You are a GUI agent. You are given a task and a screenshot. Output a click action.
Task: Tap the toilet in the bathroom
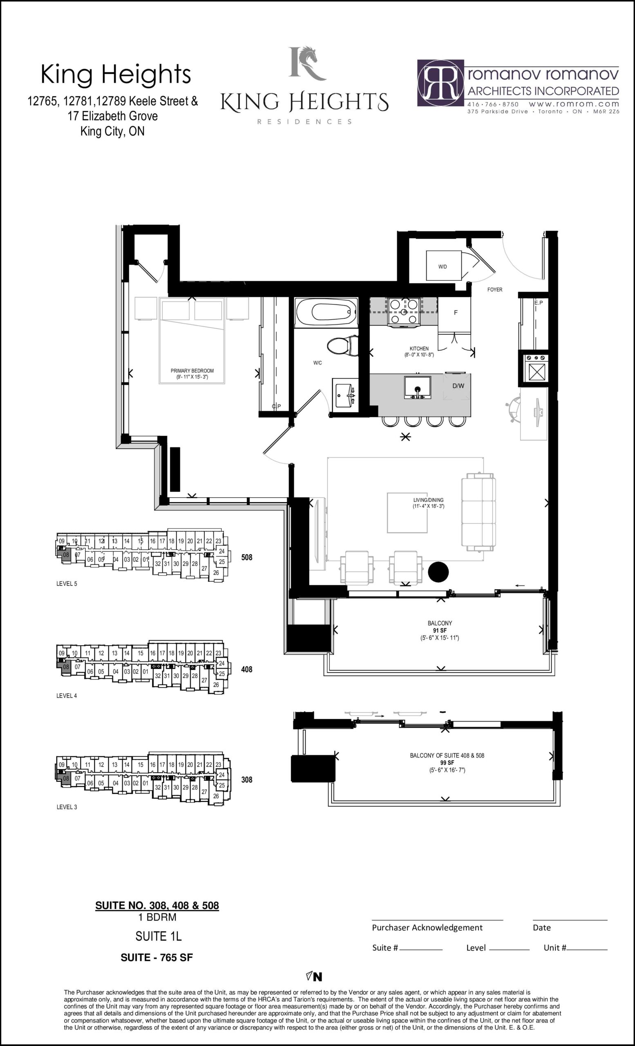pyautogui.click(x=342, y=346)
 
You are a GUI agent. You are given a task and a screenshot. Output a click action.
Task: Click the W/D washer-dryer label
pyautogui.click(x=442, y=266)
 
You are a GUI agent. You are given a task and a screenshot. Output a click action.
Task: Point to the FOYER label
pyautogui.click(x=494, y=290)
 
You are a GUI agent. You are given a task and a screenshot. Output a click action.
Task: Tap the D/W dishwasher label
pyautogui.click(x=458, y=386)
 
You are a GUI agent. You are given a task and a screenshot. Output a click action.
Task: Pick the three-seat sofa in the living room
pyautogui.click(x=479, y=512)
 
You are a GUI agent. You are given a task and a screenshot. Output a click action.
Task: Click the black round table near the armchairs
pyautogui.click(x=438, y=572)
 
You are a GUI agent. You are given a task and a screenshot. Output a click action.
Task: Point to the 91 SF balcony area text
pyautogui.click(x=440, y=630)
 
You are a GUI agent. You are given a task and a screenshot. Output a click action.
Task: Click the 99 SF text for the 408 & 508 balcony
pyautogui.click(x=447, y=763)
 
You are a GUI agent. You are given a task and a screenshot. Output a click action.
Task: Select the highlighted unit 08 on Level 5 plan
pyautogui.click(x=66, y=555)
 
